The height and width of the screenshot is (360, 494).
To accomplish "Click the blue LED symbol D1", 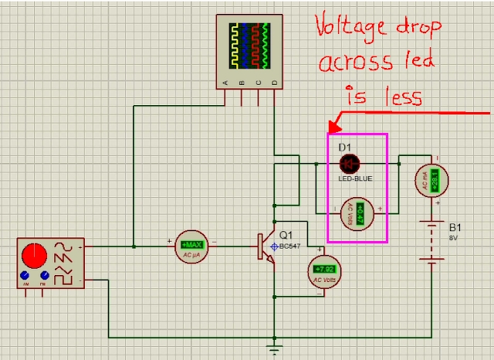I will pos(350,163).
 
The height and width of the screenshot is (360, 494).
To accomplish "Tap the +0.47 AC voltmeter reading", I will pos(358,209).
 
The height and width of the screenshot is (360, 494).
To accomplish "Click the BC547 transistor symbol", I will pos(267,246).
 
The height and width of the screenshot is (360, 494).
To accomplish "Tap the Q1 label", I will pos(286,235).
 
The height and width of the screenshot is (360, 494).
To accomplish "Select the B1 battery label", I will pos(455,228).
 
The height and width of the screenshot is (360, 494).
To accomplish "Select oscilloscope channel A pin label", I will pos(225,83).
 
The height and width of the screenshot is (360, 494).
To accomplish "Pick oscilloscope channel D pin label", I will pos(274,83).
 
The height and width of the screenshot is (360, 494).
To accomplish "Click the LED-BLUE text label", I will pos(355,178).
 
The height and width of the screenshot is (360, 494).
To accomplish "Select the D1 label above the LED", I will pos(344,146).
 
